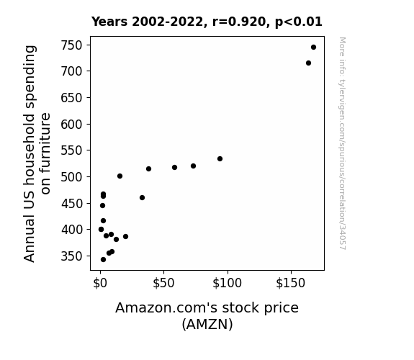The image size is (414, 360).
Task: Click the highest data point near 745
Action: point(313,48)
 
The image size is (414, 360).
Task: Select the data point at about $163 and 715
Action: point(308,63)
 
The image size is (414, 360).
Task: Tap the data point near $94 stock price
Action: point(220,158)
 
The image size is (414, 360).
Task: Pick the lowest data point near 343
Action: point(103,260)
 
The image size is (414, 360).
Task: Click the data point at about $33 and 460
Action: point(142,197)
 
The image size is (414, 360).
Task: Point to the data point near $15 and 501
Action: point(120,176)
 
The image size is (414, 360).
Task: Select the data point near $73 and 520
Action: point(193,166)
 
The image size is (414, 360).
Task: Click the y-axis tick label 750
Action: point(71,45)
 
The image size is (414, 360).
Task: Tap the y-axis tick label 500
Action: point(71,176)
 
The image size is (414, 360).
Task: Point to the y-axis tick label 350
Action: point(71,256)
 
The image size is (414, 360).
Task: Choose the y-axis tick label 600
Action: point(71,124)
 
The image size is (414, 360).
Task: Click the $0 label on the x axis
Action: point(100,283)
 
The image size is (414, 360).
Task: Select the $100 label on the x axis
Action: point(227,283)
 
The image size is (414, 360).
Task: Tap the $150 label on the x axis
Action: point(291,283)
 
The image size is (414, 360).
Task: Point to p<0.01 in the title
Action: point(299,22)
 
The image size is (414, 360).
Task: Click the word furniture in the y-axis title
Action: point(45,153)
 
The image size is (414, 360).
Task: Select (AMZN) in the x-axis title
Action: point(207,324)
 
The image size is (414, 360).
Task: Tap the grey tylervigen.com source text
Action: point(342,143)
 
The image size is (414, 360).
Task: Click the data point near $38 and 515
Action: point(148,168)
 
